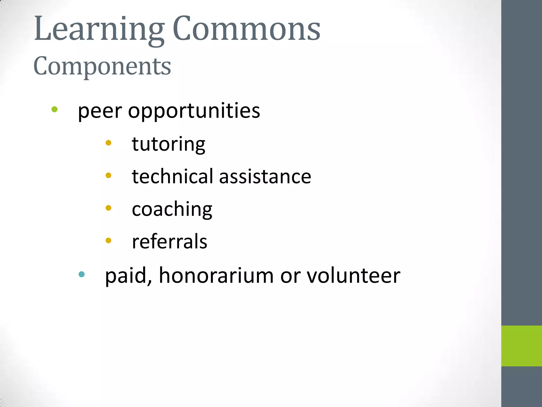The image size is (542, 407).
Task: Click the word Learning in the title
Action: [99, 29]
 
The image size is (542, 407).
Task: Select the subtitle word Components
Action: [102, 66]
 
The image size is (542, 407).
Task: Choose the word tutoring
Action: [169, 144]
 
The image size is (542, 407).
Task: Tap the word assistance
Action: [265, 177]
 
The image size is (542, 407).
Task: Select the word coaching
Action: [172, 210]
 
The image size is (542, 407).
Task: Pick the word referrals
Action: [169, 242]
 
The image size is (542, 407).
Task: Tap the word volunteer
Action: [353, 276]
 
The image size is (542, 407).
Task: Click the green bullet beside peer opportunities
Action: [55, 109]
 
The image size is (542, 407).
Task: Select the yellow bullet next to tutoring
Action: [108, 143]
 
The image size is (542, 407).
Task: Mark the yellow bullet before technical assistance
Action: [108, 175]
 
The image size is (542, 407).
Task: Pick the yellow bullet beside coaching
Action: [108, 208]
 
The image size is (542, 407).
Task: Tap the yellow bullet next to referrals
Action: [108, 240]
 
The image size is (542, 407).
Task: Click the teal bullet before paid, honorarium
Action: [82, 274]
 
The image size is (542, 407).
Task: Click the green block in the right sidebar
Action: [521, 346]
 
